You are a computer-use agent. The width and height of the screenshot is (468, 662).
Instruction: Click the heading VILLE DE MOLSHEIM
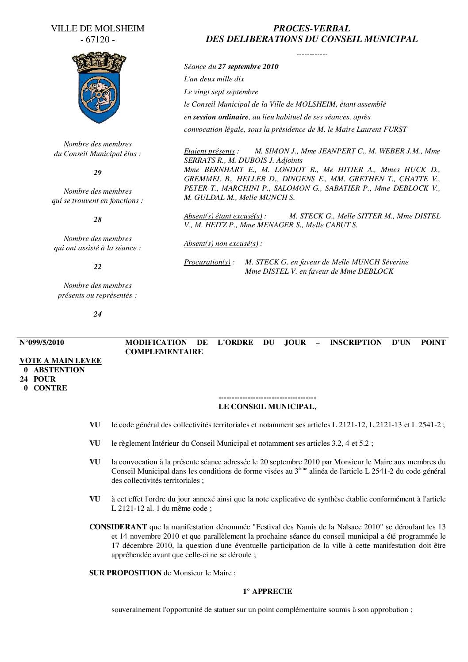pos(97,29)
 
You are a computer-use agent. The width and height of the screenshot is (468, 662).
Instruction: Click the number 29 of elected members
pos(97,173)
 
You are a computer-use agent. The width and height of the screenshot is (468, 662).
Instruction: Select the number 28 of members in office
pos(97,220)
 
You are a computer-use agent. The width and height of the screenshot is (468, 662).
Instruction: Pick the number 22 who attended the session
pos(97,267)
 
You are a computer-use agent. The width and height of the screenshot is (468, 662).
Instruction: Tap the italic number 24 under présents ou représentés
pos(97,314)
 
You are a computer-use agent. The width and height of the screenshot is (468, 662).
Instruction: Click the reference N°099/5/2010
pos(42,343)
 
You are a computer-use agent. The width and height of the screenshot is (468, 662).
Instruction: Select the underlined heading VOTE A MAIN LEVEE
pos(61,361)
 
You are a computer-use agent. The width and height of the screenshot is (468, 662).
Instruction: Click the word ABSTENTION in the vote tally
pos(59,370)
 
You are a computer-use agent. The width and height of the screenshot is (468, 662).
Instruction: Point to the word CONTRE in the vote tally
pos(50,388)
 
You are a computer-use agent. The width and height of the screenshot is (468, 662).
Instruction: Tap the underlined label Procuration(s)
pos(209,262)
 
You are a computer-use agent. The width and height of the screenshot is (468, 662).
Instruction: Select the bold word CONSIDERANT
pos(118,527)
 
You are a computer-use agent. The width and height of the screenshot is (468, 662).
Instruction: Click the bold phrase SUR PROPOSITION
pos(126,573)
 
